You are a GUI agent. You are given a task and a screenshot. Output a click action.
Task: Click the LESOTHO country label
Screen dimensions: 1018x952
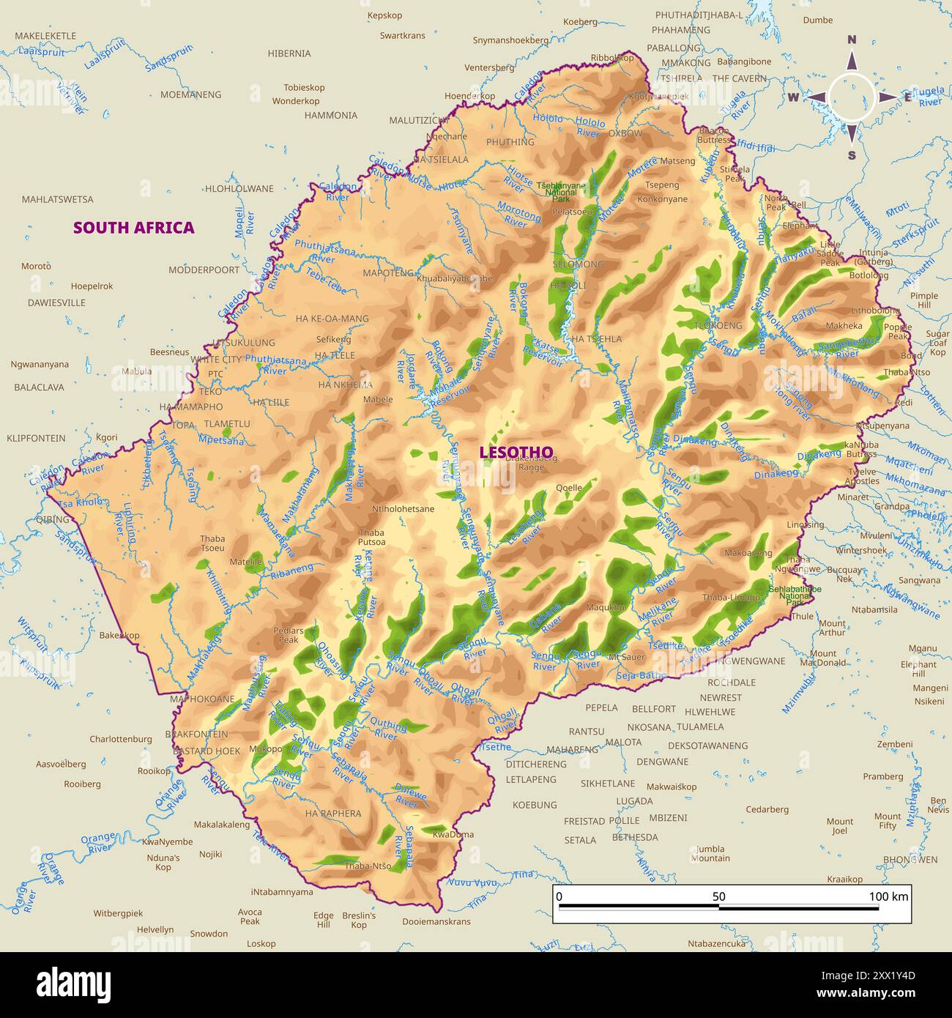(x=516, y=452)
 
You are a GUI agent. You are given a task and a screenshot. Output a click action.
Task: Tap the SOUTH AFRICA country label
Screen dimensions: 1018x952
(x=133, y=227)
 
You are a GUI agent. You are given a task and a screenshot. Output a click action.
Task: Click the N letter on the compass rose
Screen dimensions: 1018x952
(x=852, y=40)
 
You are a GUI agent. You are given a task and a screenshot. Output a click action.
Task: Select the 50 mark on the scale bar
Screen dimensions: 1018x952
(x=718, y=896)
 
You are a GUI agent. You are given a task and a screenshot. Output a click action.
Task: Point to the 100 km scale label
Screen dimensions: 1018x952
(x=888, y=896)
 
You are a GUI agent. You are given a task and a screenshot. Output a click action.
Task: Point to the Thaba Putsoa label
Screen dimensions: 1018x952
(x=371, y=538)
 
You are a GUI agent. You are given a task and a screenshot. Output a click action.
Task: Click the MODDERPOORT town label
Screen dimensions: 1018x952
(x=204, y=270)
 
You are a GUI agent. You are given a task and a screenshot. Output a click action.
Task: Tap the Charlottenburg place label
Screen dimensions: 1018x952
(x=121, y=739)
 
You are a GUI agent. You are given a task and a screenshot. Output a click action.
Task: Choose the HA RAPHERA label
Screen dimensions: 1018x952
(x=333, y=813)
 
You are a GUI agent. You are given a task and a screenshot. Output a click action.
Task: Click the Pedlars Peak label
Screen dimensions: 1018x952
(x=288, y=635)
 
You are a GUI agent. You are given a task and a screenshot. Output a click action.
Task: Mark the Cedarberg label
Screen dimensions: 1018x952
(x=767, y=809)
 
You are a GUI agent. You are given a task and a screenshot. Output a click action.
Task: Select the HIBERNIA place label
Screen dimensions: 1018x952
(x=289, y=53)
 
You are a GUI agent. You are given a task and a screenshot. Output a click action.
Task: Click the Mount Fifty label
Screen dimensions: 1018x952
(x=887, y=821)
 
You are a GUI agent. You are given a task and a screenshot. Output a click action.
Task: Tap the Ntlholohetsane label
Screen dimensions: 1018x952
(x=403, y=509)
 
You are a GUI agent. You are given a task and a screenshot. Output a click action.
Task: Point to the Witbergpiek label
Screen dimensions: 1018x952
(x=118, y=913)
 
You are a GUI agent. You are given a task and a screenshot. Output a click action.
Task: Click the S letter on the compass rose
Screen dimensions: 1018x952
(x=852, y=155)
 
